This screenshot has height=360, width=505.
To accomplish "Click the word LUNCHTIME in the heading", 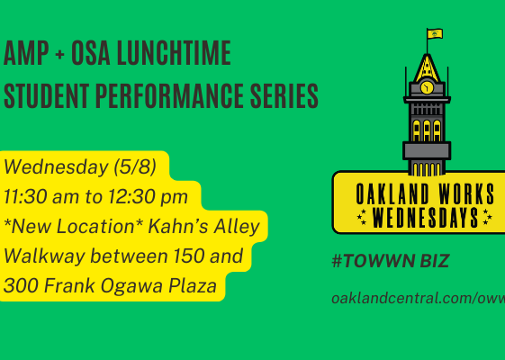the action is coord(174,53).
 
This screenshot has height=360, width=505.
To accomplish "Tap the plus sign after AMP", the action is coord(59,54).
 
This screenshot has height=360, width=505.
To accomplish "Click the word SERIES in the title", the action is coord(284,95).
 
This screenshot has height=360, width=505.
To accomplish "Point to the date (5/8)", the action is coord(135,166).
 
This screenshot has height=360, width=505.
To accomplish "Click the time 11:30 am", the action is coord(41,196).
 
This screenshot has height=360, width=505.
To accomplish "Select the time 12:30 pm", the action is coord(148,197).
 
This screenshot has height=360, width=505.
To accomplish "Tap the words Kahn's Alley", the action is coord(203,226).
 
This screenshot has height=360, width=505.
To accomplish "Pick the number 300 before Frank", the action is coord(21,285).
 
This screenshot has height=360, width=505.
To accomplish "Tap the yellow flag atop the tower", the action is coord(435,34).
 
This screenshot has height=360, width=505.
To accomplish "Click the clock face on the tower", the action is coord(427,87).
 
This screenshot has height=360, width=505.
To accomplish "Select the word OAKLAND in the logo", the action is coord(392,193).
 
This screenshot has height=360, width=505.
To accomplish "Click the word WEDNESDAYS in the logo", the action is coord(425,218).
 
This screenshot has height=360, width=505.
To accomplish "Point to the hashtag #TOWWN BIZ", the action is coord(391,260).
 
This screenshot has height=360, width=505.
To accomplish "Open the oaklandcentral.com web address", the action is coord(418,298).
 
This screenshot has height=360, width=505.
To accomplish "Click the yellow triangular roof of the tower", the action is coord(427,68).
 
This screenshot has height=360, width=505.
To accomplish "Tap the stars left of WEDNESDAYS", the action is coord(362,218).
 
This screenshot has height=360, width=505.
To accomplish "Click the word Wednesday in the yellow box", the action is coord(56,166).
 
